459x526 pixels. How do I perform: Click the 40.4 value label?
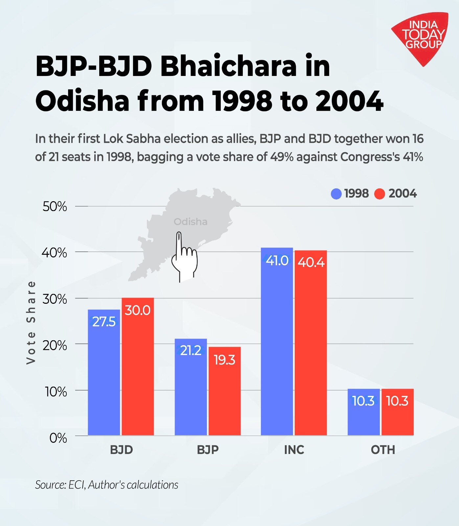click(x=311, y=262)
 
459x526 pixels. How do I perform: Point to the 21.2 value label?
click(x=191, y=351)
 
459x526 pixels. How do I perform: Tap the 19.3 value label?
click(x=224, y=360)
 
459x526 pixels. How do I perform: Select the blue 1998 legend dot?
click(x=336, y=194)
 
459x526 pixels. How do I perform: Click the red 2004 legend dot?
click(x=379, y=194)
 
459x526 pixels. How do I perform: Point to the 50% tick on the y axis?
click(x=55, y=207)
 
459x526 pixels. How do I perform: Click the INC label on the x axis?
click(x=294, y=450)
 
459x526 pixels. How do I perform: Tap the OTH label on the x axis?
click(x=383, y=450)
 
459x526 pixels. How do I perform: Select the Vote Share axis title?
click(x=31, y=322)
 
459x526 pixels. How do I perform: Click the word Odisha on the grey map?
click(x=190, y=222)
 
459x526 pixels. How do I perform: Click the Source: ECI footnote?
click(x=106, y=485)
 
